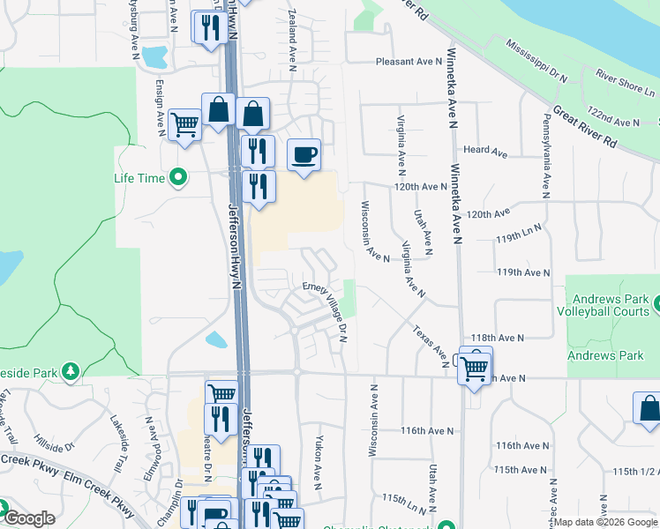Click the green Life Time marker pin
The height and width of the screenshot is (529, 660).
click(x=179, y=178)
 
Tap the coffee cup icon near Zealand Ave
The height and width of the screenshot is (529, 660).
click(x=304, y=156)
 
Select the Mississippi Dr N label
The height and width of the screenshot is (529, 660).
click(x=536, y=60)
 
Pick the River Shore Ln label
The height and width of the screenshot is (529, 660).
click(x=625, y=84)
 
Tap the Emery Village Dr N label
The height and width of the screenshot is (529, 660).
click(x=326, y=307)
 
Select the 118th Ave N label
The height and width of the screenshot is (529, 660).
click(x=498, y=338)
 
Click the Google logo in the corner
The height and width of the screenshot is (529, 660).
click(x=28, y=518)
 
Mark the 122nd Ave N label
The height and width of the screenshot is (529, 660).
click(x=613, y=120)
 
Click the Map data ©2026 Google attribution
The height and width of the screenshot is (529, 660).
click(x=604, y=522)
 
